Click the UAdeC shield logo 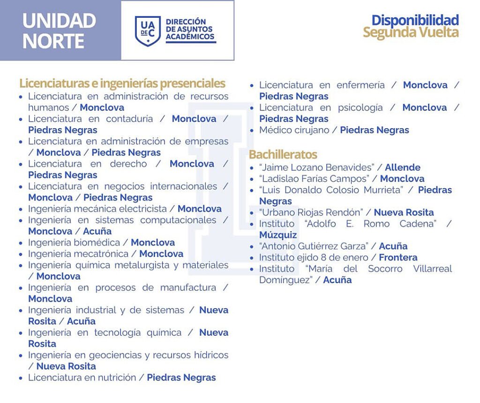(x=148, y=31)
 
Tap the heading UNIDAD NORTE (x=59, y=31)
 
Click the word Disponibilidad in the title (x=415, y=20)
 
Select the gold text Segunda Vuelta (x=411, y=32)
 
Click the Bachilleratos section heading (x=283, y=154)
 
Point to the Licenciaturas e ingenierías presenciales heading (x=122, y=84)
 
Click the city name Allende (x=403, y=168)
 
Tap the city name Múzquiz (x=278, y=235)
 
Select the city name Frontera (x=398, y=257)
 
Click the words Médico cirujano (x=294, y=130)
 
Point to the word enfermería (x=360, y=85)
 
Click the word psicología (x=360, y=108)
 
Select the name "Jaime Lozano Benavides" (x=316, y=168)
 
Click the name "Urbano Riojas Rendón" (x=311, y=213)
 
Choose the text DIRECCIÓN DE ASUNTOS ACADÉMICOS (x=190, y=30)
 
